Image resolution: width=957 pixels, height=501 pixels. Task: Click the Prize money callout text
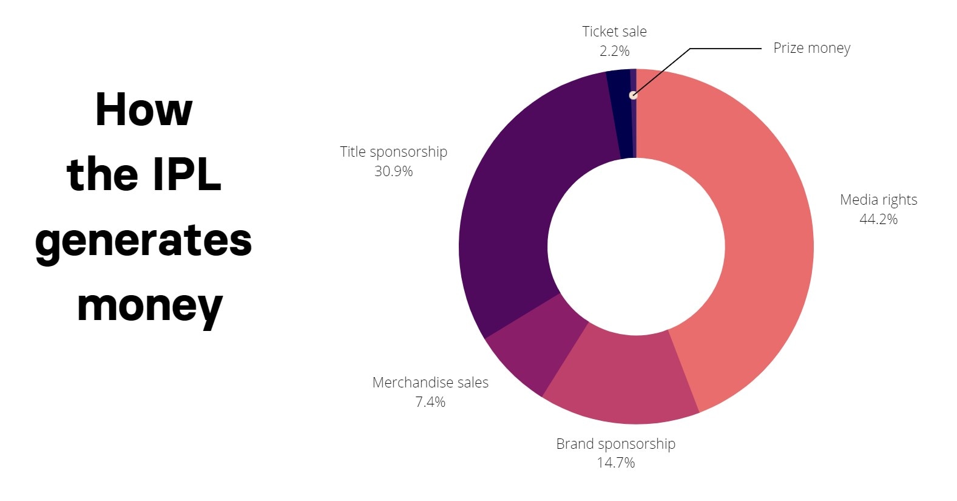(811, 49)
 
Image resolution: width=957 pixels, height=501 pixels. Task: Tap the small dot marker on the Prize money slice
(633, 95)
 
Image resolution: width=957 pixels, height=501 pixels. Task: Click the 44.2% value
(878, 219)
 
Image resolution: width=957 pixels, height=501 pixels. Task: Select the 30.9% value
(393, 171)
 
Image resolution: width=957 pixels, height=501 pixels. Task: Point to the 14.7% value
(615, 463)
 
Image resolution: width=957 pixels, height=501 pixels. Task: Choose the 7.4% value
(430, 402)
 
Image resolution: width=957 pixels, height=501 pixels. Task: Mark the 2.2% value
(614, 51)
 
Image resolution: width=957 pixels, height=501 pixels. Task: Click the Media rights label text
(878, 200)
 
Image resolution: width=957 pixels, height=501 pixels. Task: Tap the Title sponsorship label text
(393, 152)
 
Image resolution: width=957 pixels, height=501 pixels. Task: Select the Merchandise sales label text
(430, 383)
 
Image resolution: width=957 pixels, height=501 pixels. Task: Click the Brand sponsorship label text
(615, 444)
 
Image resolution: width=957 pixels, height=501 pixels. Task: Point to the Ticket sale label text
(614, 32)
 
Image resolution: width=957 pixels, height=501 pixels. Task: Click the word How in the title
(144, 110)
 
